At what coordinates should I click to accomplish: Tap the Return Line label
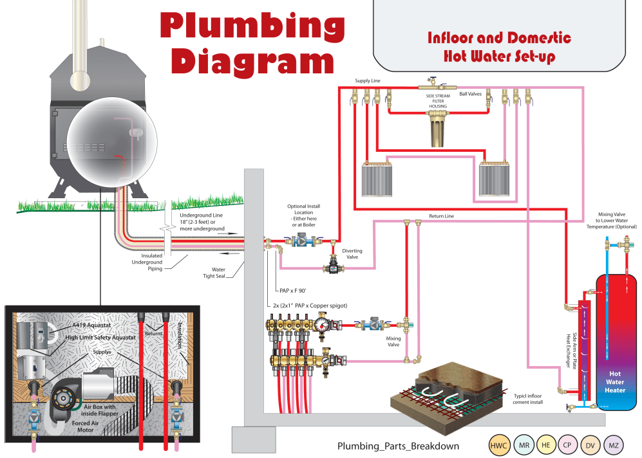(x=441, y=216)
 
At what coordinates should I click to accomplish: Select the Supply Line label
(x=368, y=81)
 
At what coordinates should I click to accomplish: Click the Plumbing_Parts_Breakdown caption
(x=399, y=446)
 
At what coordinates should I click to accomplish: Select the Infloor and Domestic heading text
(x=499, y=38)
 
